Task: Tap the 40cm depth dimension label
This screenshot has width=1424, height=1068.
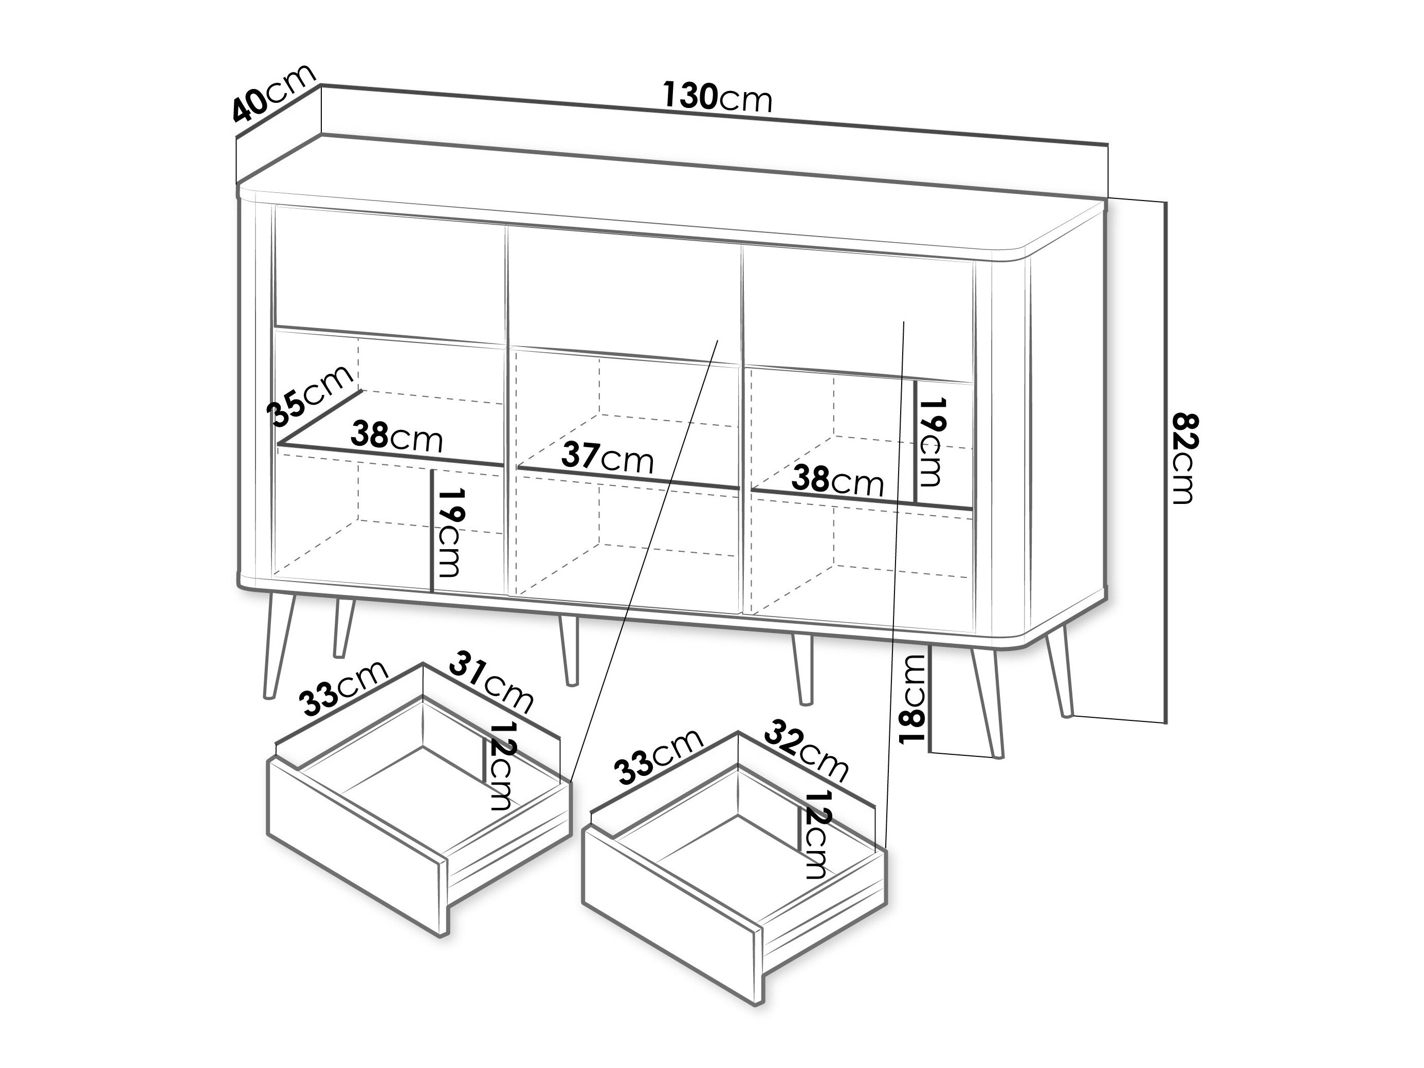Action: (274, 94)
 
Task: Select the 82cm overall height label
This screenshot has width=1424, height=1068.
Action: (1183, 458)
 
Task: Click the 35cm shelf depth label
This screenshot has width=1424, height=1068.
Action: (312, 396)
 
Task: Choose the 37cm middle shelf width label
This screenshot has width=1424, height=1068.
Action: (608, 458)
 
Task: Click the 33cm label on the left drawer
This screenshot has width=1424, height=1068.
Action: (345, 687)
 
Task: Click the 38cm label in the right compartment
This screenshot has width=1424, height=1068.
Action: (837, 480)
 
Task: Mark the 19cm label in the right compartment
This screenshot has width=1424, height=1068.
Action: (930, 442)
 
